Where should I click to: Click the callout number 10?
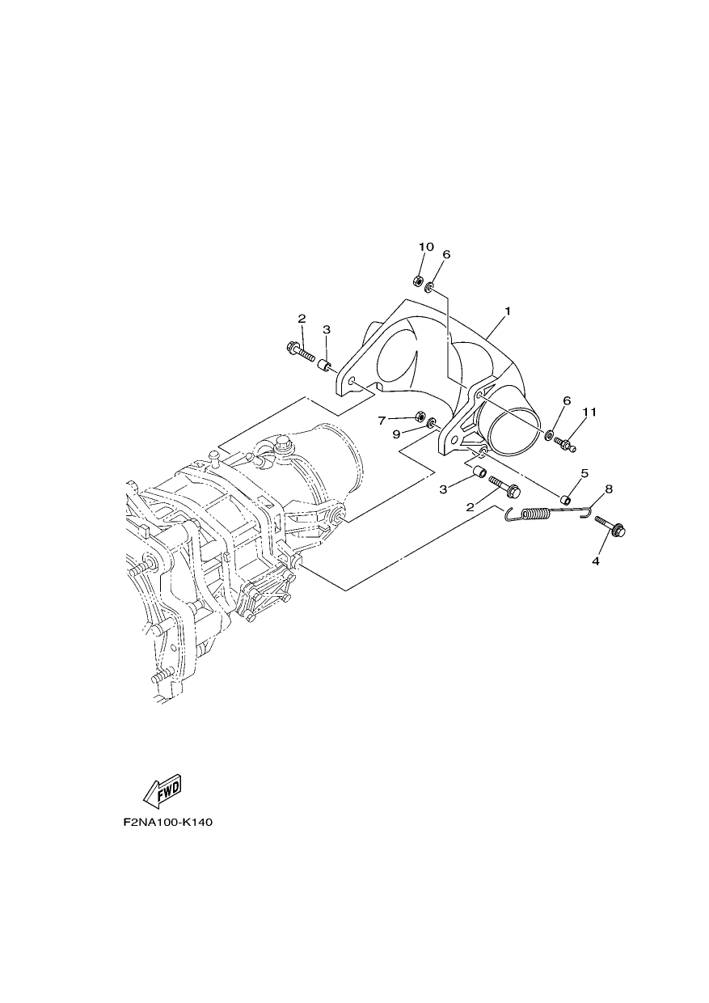(426, 247)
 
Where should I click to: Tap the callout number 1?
(508, 311)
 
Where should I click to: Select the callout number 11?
(589, 412)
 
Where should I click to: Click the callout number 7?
(382, 421)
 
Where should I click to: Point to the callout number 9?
(396, 434)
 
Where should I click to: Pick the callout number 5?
(585, 473)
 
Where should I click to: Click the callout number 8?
(609, 489)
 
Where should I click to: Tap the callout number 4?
(595, 561)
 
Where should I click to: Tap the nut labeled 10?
(416, 281)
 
